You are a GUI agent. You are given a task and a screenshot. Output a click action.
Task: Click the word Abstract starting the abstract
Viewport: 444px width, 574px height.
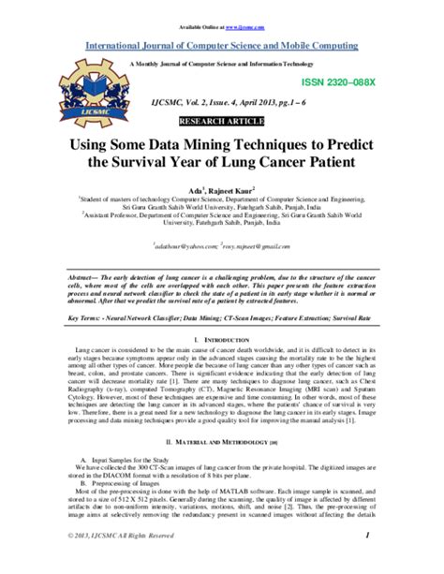(x=89, y=279)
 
